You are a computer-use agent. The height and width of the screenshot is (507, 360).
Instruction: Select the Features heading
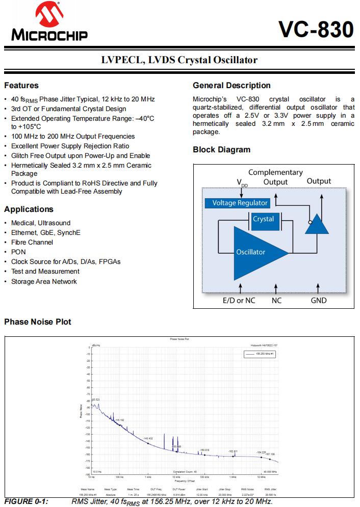[x=21, y=86]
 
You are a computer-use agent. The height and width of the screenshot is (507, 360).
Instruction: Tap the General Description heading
[x=232, y=86]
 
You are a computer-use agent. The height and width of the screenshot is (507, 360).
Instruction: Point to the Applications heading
[x=29, y=209]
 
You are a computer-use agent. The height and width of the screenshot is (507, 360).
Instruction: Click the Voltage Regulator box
[x=239, y=203]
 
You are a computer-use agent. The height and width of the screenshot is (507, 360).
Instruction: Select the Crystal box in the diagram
[x=263, y=220]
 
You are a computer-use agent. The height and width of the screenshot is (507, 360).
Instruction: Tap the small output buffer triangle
[x=318, y=223]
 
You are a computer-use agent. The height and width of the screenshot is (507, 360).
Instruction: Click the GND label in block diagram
[x=319, y=301]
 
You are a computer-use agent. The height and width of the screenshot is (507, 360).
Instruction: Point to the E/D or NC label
[x=239, y=301]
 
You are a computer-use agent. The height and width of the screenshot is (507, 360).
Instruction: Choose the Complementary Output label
[x=275, y=177]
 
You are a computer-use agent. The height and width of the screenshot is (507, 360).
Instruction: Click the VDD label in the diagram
[x=241, y=182]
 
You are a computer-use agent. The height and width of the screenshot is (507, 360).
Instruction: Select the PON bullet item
[x=18, y=252]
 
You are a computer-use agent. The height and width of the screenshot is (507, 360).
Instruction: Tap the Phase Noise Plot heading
[x=38, y=322]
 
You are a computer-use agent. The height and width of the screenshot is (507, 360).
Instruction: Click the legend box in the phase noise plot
[x=261, y=353]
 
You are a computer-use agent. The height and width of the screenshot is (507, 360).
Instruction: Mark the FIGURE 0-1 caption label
[x=26, y=502]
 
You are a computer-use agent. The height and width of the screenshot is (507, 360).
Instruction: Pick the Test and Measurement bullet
[x=45, y=272]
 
